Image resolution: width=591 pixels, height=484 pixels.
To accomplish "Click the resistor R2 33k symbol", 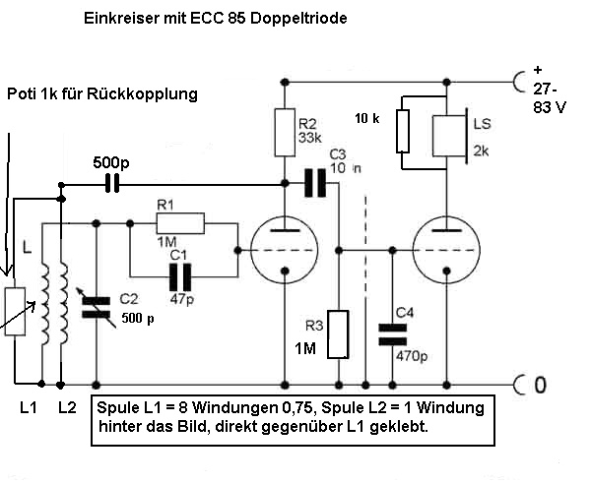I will tap(284, 132).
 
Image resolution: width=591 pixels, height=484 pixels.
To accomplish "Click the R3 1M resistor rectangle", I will tap(338, 334).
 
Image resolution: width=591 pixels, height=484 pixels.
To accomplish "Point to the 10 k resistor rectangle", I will tap(403, 131).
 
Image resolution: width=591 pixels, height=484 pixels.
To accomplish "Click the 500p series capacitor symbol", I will tap(113, 182).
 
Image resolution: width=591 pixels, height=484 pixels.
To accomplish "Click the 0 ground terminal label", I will tap(539, 385).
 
